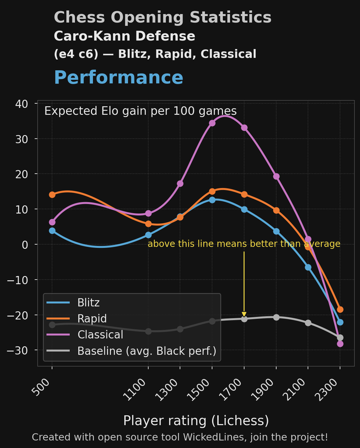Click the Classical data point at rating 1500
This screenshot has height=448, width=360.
tap(212, 123)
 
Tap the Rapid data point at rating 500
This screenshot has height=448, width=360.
tap(52, 195)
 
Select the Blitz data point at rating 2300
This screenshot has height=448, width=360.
tap(340, 322)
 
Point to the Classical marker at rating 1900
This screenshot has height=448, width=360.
tap(276, 176)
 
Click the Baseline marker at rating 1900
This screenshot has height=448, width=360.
tap(276, 317)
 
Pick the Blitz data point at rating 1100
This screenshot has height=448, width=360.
tap(148, 235)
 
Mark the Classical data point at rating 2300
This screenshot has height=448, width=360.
tap(340, 344)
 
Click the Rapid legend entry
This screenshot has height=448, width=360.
tap(92, 318)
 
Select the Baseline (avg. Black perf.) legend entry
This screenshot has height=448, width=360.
tap(146, 351)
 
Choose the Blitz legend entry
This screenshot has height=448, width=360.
tap(88, 302)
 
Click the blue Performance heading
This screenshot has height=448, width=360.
tap(118, 78)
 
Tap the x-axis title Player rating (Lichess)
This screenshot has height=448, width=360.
tap(196, 421)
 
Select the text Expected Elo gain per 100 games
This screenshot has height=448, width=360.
tap(140, 111)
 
